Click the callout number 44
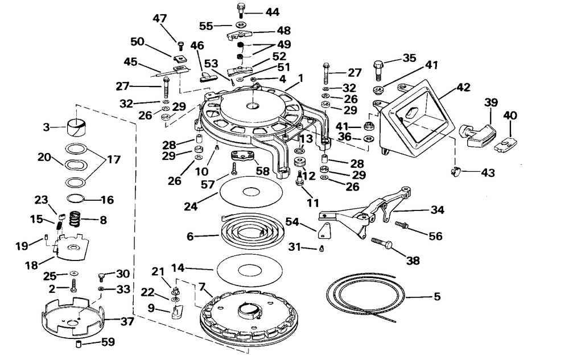[272, 13]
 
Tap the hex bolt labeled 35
[378, 70]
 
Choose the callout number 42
[463, 87]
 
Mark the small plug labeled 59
[79, 343]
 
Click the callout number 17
[114, 159]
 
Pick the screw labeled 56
[401, 226]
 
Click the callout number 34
[437, 210]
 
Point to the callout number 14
[178, 268]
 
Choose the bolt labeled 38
[381, 243]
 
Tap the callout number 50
[138, 42]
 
